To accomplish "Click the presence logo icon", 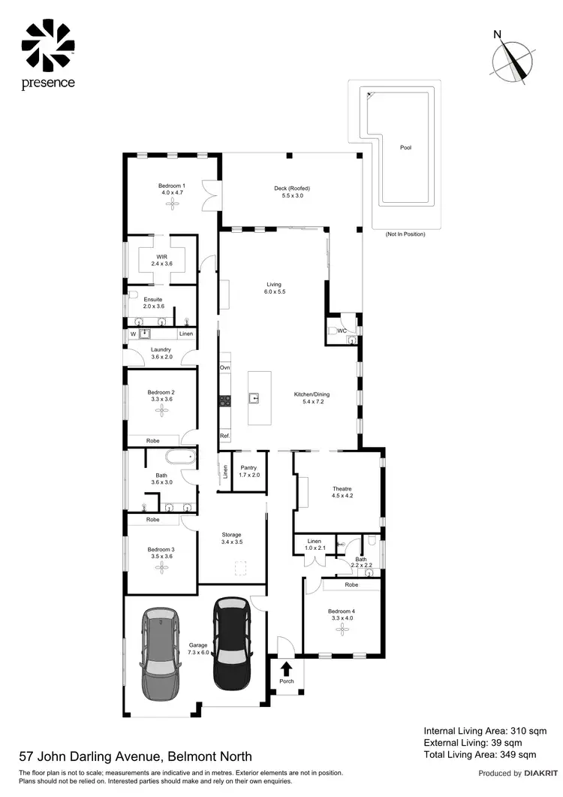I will (x=47, y=44).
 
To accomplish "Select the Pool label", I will (x=405, y=148).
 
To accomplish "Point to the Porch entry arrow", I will (x=287, y=668).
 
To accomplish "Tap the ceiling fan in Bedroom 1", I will (x=172, y=202).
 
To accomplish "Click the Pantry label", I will (x=249, y=467).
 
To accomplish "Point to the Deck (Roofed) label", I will (x=292, y=188).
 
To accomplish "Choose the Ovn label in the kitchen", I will (x=224, y=367).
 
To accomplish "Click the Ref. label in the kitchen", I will (x=224, y=436).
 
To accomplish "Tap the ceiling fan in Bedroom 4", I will (x=341, y=629).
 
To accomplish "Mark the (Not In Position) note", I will (x=405, y=234).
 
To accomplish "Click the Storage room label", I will (x=232, y=534).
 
